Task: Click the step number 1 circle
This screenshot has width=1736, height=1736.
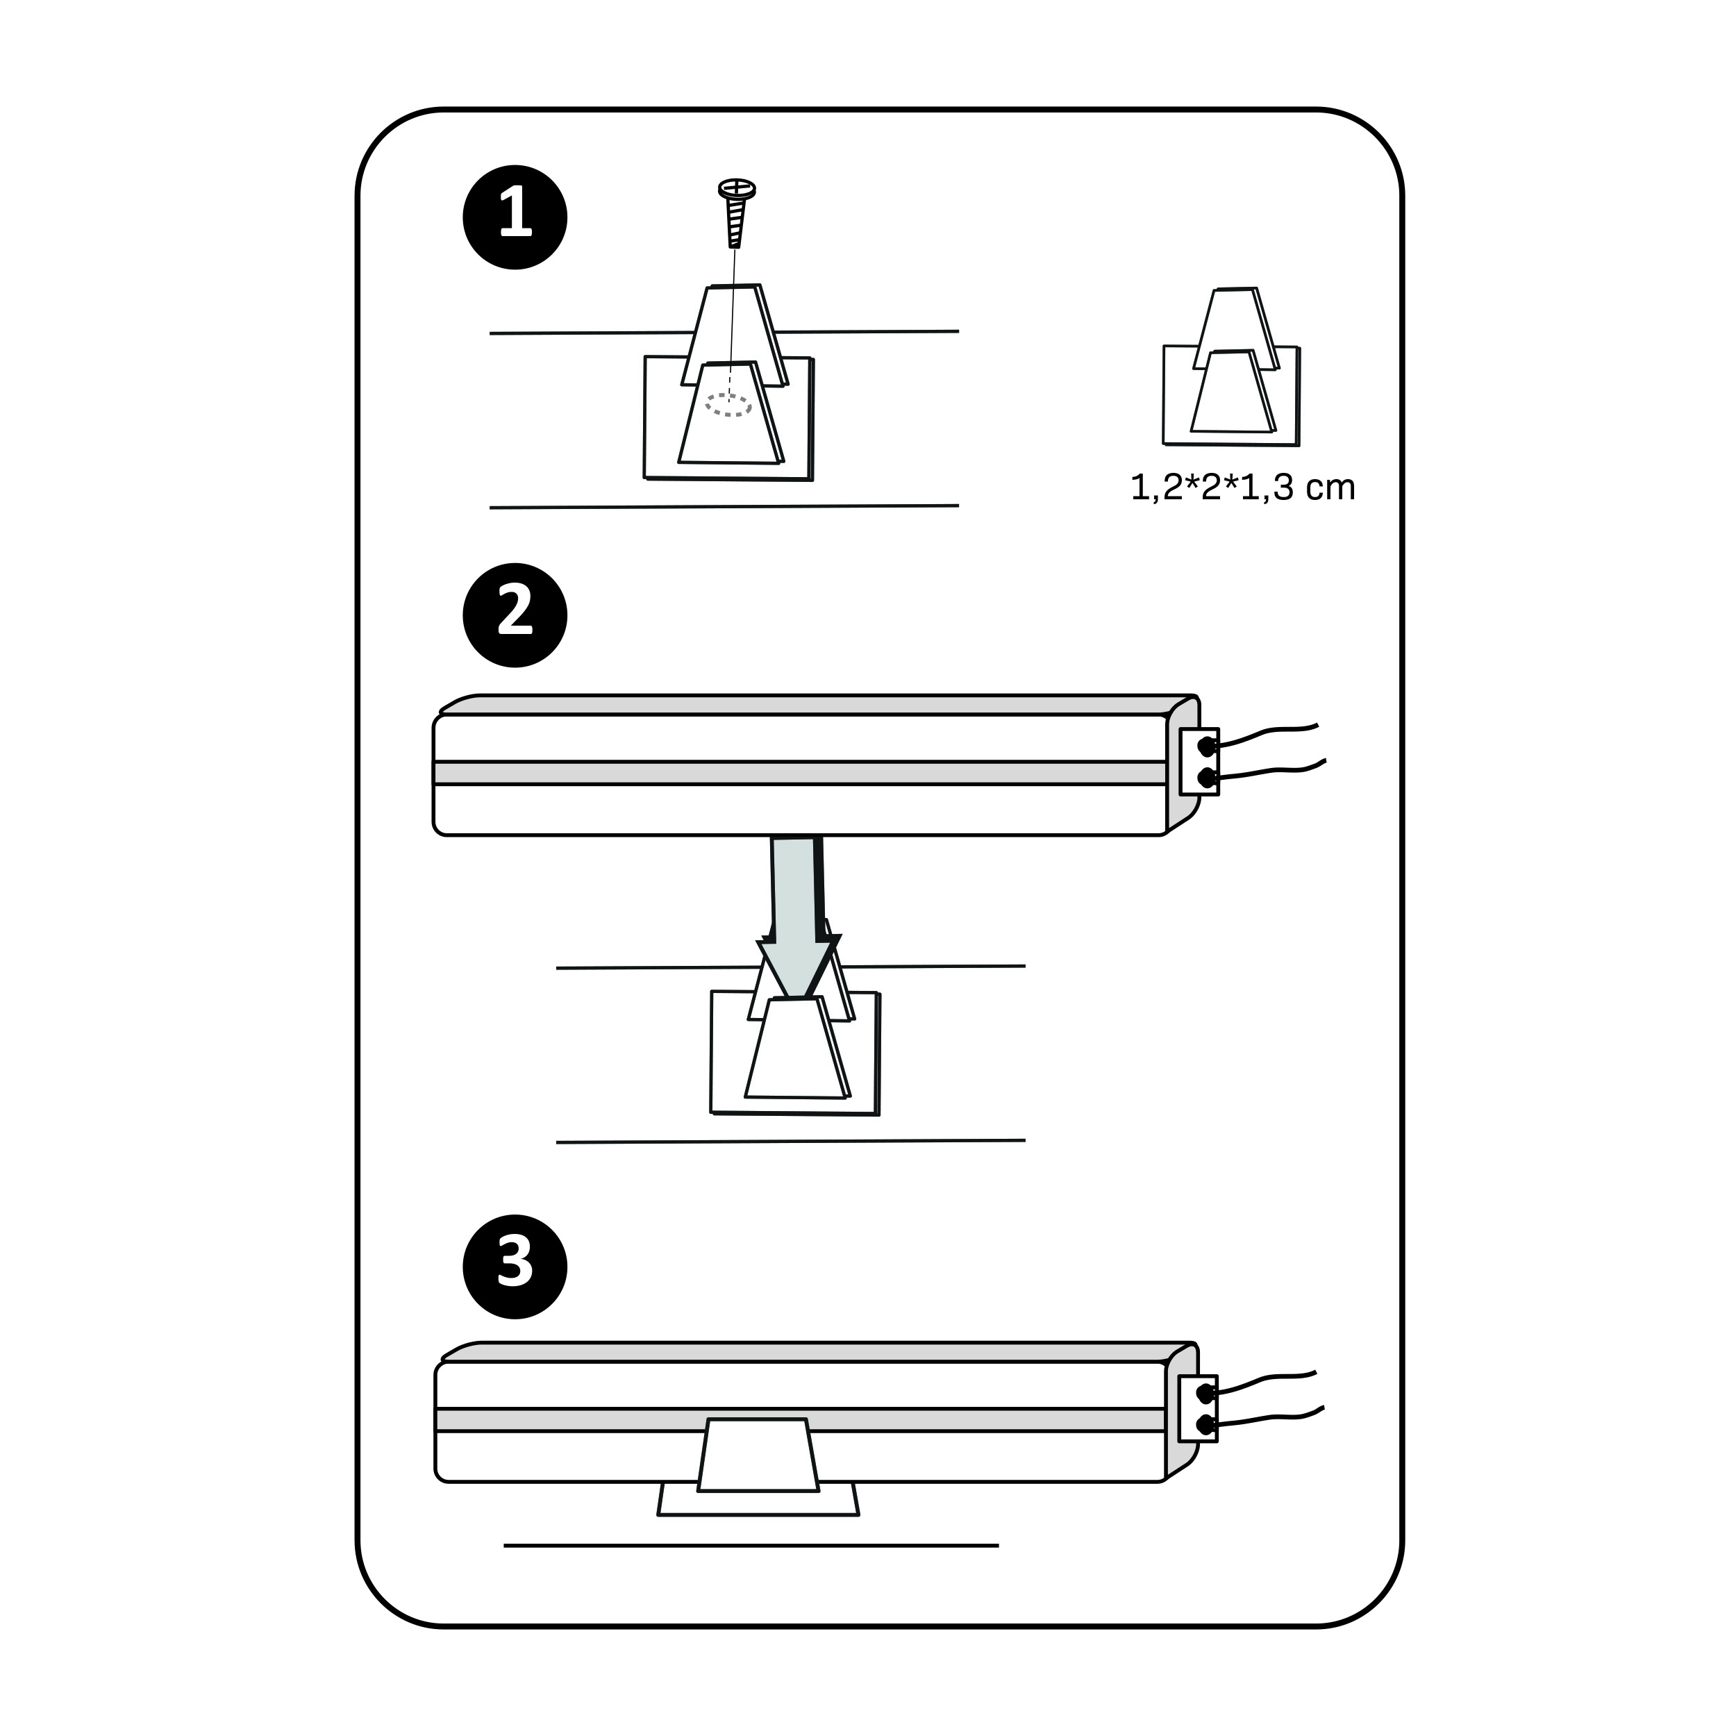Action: [x=515, y=217]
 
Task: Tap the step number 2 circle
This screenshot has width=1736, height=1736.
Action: [x=515, y=615]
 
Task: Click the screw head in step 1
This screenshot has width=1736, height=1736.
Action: [x=737, y=189]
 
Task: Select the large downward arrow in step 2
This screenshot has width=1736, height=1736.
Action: [x=798, y=917]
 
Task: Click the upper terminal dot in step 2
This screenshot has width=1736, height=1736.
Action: [x=1206, y=746]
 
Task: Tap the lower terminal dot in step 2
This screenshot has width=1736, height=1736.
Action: [x=1206, y=776]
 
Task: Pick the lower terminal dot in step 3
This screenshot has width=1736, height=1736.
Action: [x=1205, y=1424]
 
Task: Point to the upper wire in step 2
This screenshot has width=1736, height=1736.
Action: [x=1266, y=733]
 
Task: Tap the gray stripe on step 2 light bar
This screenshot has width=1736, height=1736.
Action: [x=801, y=773]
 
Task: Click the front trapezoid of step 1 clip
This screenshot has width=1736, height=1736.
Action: [x=730, y=413]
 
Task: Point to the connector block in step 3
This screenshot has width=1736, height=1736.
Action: [x=1199, y=1409]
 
